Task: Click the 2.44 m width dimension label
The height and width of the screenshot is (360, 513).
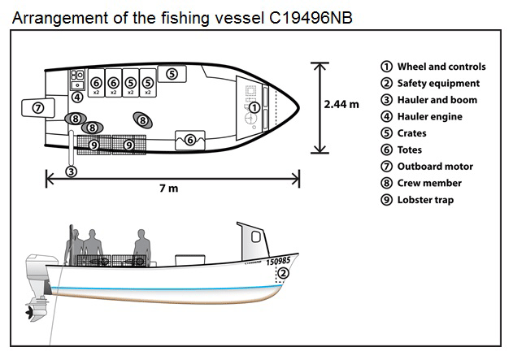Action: (x=342, y=105)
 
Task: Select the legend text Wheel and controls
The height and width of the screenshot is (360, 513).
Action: (x=441, y=67)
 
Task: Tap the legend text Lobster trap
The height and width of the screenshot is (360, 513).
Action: (x=425, y=200)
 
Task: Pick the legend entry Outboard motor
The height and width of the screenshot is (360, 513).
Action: (x=435, y=167)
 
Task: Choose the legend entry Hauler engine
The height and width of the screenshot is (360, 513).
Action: (x=429, y=117)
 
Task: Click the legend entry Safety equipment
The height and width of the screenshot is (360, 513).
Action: (x=438, y=84)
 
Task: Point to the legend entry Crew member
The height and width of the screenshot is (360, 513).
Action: (x=428, y=183)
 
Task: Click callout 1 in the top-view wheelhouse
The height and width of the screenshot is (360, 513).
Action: (x=254, y=107)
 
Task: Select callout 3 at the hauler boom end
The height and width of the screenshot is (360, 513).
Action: (x=72, y=171)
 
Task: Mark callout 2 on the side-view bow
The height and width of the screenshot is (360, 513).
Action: (x=282, y=274)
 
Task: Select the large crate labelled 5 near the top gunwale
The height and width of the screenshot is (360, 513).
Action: (x=172, y=74)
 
